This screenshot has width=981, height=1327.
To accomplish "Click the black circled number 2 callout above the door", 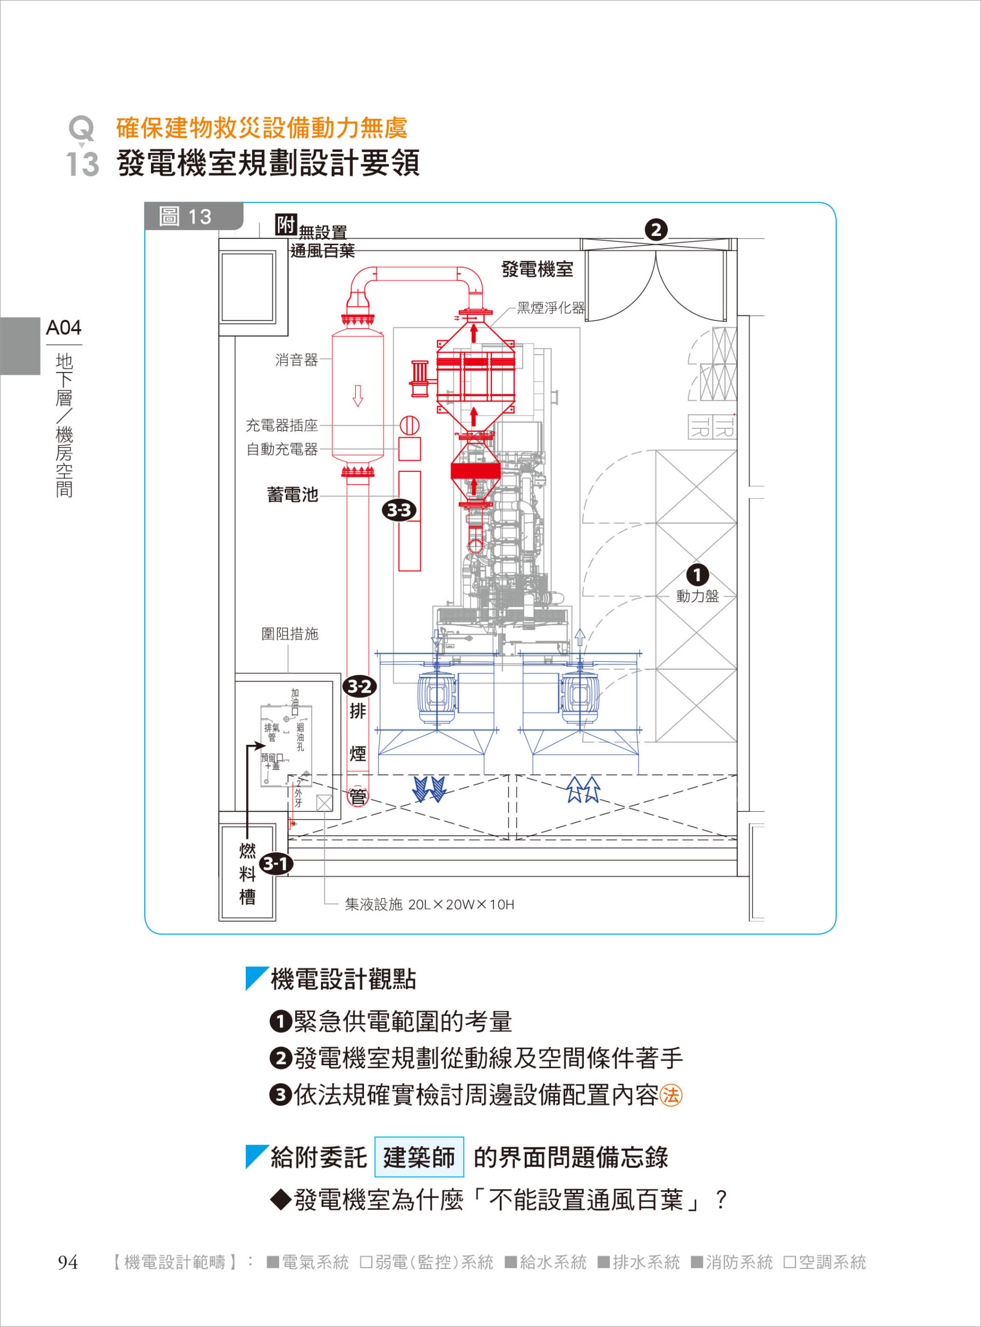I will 655,230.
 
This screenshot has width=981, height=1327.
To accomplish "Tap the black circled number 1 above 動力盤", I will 697,574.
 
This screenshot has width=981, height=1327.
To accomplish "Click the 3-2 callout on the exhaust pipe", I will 359,687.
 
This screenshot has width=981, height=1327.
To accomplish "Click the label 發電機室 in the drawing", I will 537,270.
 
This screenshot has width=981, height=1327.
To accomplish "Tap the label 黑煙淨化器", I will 551,307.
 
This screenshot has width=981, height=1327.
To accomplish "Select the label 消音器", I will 296,360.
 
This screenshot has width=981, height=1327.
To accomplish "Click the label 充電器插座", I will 282,425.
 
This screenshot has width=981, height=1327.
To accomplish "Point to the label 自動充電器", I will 282,449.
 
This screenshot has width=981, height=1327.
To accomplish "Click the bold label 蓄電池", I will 292,495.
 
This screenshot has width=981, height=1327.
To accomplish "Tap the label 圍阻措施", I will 290,634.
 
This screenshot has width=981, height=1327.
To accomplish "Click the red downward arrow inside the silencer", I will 357,396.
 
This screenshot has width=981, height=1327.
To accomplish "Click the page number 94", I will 68,1262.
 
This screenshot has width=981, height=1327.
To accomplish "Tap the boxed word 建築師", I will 418,1157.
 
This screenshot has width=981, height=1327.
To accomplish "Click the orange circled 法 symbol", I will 671,1095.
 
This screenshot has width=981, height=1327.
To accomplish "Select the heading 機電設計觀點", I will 343,979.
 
